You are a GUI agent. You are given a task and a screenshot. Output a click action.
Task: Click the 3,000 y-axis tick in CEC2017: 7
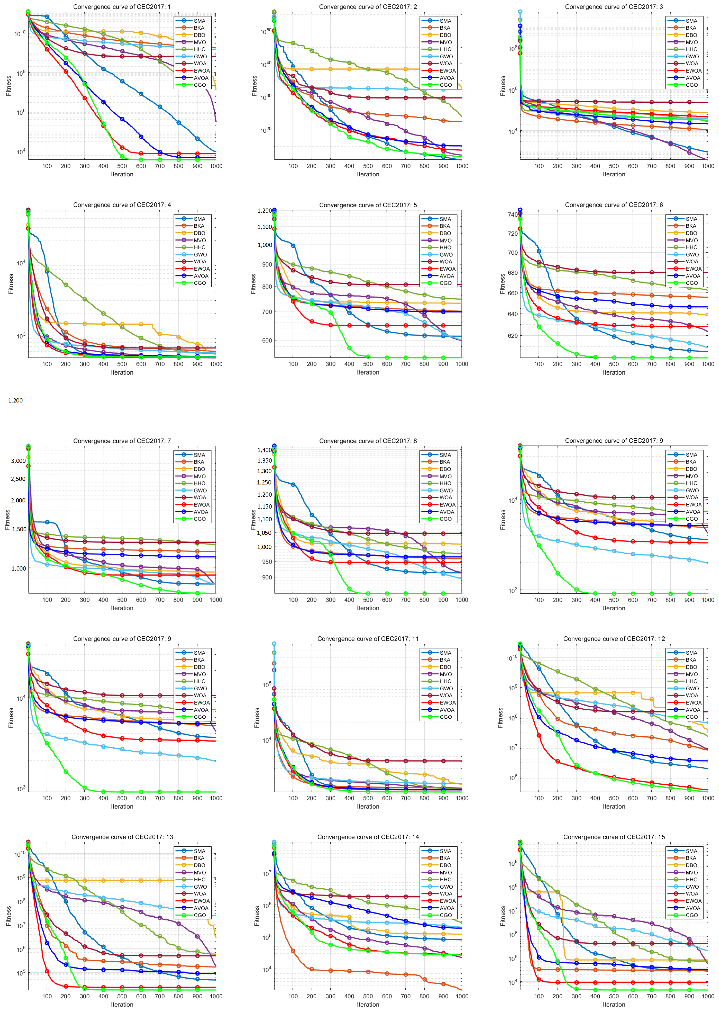pyautogui.click(x=18, y=461)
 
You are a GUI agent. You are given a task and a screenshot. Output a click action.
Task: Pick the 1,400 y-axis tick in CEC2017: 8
pyautogui.click(x=264, y=450)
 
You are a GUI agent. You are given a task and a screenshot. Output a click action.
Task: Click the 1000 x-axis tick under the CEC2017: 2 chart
pyautogui.click(x=462, y=166)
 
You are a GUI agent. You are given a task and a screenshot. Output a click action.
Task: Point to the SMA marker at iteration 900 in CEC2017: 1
pyautogui.click(x=198, y=139)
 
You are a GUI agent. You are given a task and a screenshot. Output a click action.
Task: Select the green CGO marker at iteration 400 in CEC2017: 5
pyautogui.click(x=349, y=348)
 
